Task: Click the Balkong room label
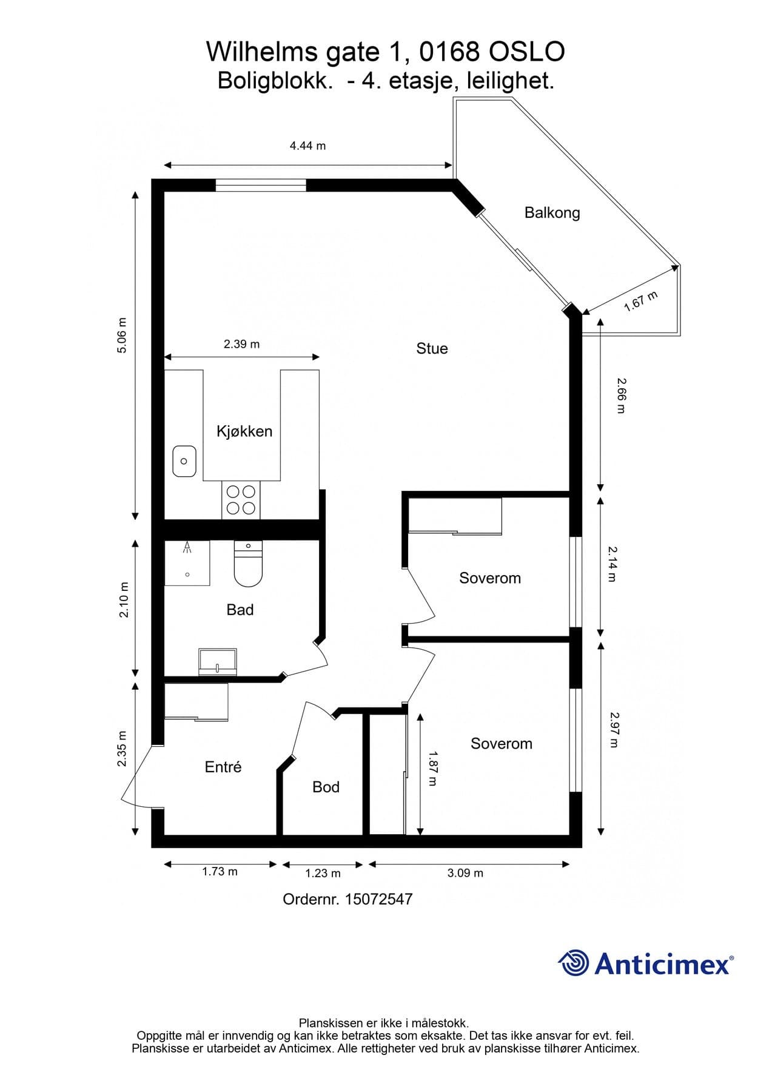click(x=552, y=213)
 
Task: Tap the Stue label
click(x=432, y=349)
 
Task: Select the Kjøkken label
click(x=244, y=431)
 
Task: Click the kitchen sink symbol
click(x=184, y=461)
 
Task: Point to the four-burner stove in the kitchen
click(x=241, y=500)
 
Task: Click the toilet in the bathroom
click(x=247, y=564)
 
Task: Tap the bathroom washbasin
click(x=218, y=662)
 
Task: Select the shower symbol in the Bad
click(x=187, y=562)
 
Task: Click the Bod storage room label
click(x=326, y=787)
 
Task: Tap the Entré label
click(x=223, y=767)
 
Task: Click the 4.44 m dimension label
click(x=307, y=146)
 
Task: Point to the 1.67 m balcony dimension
click(x=641, y=302)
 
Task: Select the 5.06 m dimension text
click(x=123, y=335)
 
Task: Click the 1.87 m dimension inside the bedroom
click(x=432, y=768)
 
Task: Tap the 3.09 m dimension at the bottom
click(x=465, y=873)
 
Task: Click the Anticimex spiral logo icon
click(x=573, y=963)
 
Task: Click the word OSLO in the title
click(x=526, y=52)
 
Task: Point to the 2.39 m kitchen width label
click(x=241, y=345)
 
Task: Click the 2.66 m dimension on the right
click(x=620, y=396)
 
